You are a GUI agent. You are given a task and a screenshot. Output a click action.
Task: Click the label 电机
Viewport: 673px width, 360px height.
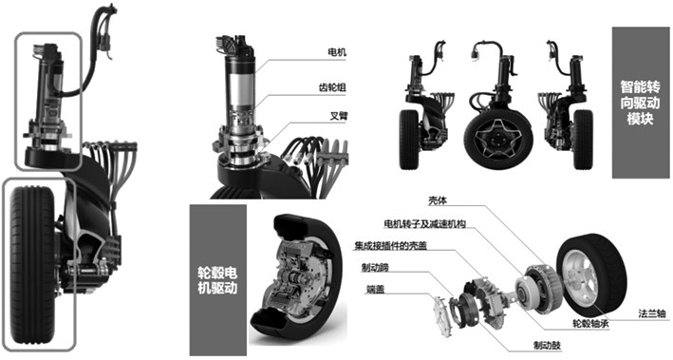click(336, 52)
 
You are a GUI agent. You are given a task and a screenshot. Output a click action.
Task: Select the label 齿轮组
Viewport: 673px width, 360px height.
click(332, 87)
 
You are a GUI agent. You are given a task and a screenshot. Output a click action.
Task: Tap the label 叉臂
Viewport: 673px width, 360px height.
click(338, 116)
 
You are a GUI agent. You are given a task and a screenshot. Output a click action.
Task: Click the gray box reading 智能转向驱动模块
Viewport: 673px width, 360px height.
click(640, 103)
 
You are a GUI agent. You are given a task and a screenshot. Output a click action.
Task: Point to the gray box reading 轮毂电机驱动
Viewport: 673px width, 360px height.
click(217, 280)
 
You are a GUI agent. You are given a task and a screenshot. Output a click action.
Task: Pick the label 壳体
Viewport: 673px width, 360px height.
click(437, 200)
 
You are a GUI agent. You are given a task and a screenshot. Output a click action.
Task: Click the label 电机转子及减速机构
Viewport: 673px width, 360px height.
click(425, 224)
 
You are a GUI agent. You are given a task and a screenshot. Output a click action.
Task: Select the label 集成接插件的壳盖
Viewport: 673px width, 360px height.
click(390, 246)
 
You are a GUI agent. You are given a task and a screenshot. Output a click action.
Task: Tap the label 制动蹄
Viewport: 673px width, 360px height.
click(375, 268)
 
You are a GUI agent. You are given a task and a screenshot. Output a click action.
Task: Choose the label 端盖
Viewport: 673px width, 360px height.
click(376, 290)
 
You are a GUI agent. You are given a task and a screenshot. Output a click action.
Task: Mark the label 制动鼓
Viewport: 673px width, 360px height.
click(547, 345)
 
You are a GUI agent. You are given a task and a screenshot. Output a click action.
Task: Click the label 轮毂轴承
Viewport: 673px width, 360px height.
click(590, 324)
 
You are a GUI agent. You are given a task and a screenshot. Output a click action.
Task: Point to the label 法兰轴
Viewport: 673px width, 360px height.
click(651, 313)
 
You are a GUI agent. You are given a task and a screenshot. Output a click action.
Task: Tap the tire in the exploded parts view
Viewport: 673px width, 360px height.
click(591, 275)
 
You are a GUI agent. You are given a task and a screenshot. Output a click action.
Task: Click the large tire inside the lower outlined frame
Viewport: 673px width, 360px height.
click(32, 264)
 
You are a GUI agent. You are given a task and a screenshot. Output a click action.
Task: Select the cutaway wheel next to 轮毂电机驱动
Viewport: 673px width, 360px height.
click(296, 275)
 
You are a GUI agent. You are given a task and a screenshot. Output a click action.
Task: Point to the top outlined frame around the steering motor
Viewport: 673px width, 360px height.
click(16, 101)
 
